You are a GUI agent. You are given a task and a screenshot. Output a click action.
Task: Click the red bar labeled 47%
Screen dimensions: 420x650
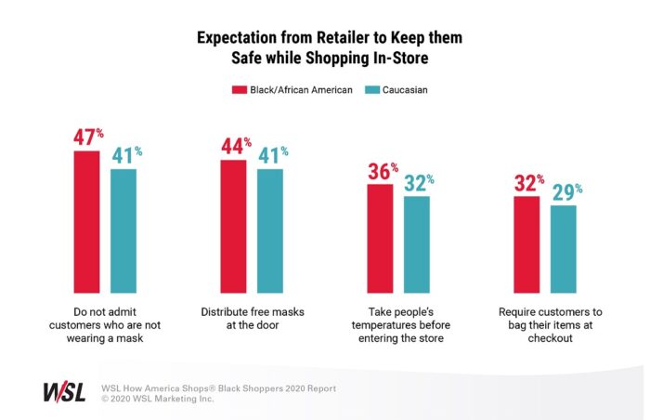tap(86, 221)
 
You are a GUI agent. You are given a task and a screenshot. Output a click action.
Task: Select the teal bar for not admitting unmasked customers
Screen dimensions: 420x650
tap(123, 230)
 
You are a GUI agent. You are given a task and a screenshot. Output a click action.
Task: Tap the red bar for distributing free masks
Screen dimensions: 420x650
tap(233, 226)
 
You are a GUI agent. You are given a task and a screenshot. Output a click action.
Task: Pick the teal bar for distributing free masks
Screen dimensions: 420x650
tap(270, 230)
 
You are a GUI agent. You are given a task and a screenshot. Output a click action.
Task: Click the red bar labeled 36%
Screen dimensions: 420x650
tap(380, 238)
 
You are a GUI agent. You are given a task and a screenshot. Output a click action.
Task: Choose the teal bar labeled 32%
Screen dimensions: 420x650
tap(417, 244)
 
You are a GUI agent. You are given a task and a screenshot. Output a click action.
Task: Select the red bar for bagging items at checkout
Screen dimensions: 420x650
tap(526, 244)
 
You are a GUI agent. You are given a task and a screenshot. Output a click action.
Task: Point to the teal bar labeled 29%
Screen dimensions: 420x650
tap(563, 249)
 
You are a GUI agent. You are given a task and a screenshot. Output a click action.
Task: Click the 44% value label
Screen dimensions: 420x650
tap(236, 145)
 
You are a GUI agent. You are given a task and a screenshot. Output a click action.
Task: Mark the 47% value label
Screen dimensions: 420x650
tap(89, 138)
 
